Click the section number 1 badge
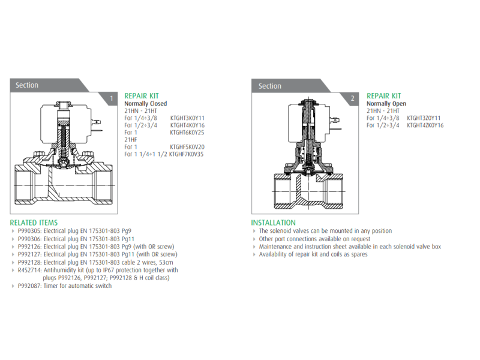tap(111, 98)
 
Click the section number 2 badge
tap(352, 98)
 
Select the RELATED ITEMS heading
tap(34, 223)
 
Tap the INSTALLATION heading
tap(274, 223)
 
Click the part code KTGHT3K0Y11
tap(187, 118)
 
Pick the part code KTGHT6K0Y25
tap(187, 133)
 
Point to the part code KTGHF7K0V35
tap(186, 154)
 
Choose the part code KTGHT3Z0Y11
tap(424, 118)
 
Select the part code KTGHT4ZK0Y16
tap(425, 125)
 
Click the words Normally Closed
tap(145, 103)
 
